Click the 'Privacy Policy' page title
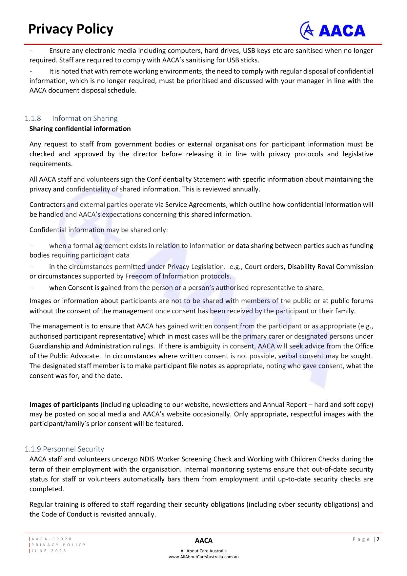click(x=71, y=29)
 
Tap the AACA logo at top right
click(x=333, y=31)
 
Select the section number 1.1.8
click(x=33, y=118)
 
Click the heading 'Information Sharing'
click(x=85, y=118)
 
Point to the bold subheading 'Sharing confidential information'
click(x=80, y=129)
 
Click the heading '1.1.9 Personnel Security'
click(x=64, y=449)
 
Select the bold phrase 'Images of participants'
click(x=64, y=405)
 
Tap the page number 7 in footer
click(x=378, y=539)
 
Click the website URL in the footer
click(x=203, y=557)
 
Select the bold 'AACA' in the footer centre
click(x=204, y=541)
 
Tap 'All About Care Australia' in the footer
click(x=203, y=551)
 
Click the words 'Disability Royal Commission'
click(x=330, y=267)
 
